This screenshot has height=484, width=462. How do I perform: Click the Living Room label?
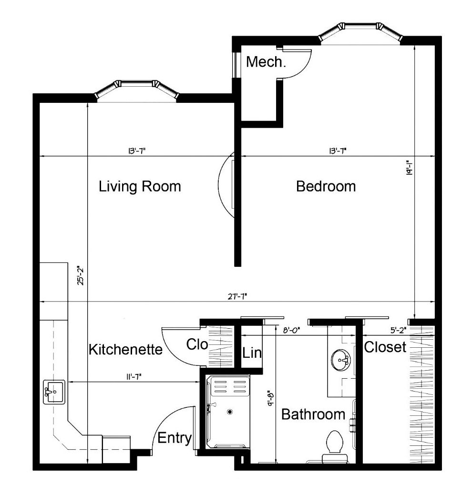click(140, 186)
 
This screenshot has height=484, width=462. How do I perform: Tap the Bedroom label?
click(326, 186)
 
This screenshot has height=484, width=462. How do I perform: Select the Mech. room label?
click(266, 62)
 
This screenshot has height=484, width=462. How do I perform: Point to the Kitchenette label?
click(125, 349)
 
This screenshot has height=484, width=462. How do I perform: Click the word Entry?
click(175, 438)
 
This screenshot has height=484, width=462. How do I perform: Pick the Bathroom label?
click(313, 414)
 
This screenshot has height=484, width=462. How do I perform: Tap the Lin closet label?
click(252, 353)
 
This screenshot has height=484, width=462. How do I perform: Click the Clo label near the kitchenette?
click(197, 344)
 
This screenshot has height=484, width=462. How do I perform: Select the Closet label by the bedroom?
click(385, 347)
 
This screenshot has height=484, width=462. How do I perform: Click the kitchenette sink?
click(54, 392)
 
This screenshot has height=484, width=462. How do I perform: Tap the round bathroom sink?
click(341, 360)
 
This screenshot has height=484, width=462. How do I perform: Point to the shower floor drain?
click(230, 412)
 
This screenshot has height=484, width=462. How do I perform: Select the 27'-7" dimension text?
click(237, 297)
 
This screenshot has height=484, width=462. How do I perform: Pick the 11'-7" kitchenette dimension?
click(134, 377)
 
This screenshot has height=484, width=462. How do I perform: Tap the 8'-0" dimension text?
click(292, 330)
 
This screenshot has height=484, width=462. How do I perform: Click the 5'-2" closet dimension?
click(398, 330)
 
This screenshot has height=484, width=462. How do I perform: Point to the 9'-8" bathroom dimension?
click(271, 399)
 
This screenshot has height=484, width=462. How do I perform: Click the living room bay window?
click(136, 90)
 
